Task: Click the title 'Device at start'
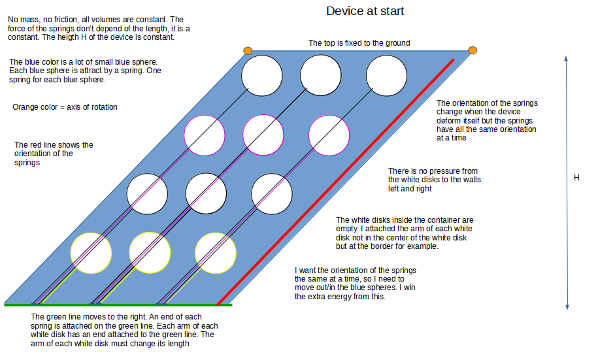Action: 365,11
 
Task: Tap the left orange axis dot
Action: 248,51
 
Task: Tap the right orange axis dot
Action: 473,50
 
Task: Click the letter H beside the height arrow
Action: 576,178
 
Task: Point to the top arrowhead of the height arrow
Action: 566,58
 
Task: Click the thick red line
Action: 336,182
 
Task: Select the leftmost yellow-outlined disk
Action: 91,253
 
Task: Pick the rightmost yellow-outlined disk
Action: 216,254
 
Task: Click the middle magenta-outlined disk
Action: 263,135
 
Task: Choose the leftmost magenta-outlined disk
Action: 205,135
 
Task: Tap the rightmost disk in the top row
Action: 386,76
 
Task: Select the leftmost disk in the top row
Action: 261,76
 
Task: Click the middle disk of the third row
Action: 206,193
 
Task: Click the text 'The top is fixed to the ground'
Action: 359,43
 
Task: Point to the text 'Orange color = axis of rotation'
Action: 65,107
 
